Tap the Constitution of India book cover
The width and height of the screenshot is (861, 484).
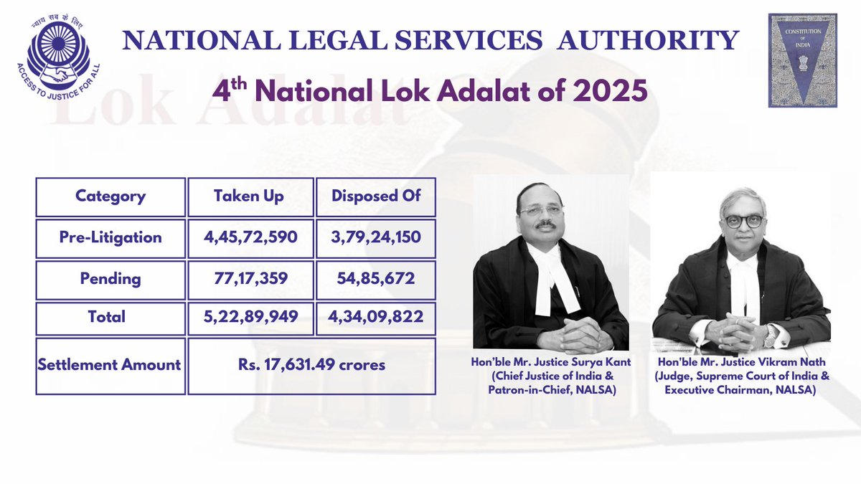[x=802, y=60]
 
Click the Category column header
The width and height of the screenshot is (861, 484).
[x=110, y=196]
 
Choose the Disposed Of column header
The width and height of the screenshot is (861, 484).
[x=376, y=196]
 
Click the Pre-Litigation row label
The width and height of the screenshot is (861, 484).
[x=110, y=237]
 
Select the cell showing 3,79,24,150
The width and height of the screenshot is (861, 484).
[x=376, y=237]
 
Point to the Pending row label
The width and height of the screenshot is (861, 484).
[x=110, y=277]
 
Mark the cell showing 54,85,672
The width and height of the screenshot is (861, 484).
[x=376, y=277]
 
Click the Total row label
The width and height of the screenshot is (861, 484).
[x=110, y=316]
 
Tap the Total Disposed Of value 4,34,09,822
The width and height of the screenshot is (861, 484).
[x=376, y=316]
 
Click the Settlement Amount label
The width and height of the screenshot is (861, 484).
[x=110, y=364]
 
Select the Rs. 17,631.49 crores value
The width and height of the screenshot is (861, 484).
[x=311, y=365]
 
